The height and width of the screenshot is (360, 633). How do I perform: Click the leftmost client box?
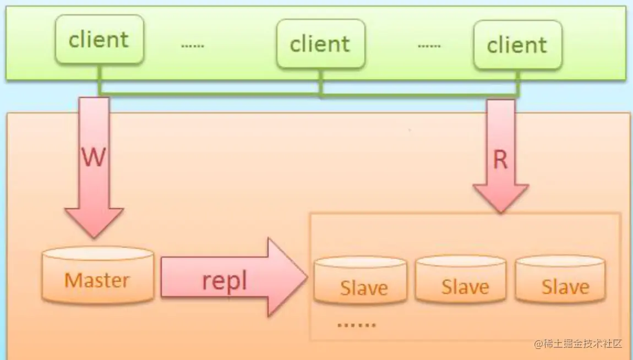coord(99,39)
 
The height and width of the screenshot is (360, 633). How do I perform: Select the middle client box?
coord(320,44)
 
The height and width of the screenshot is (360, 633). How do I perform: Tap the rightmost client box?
coord(517,45)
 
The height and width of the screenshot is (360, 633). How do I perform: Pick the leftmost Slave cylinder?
coord(361,281)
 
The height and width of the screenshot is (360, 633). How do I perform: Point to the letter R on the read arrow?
coord(500,160)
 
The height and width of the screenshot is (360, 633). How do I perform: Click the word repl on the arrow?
coord(224,281)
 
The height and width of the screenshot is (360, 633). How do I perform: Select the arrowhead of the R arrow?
coord(500,199)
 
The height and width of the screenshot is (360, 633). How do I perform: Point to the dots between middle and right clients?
coord(429,45)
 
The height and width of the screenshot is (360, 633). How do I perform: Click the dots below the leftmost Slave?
coord(356,324)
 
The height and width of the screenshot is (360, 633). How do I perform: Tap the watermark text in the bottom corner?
coord(577,343)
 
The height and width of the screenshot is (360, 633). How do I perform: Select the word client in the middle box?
coord(320,44)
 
